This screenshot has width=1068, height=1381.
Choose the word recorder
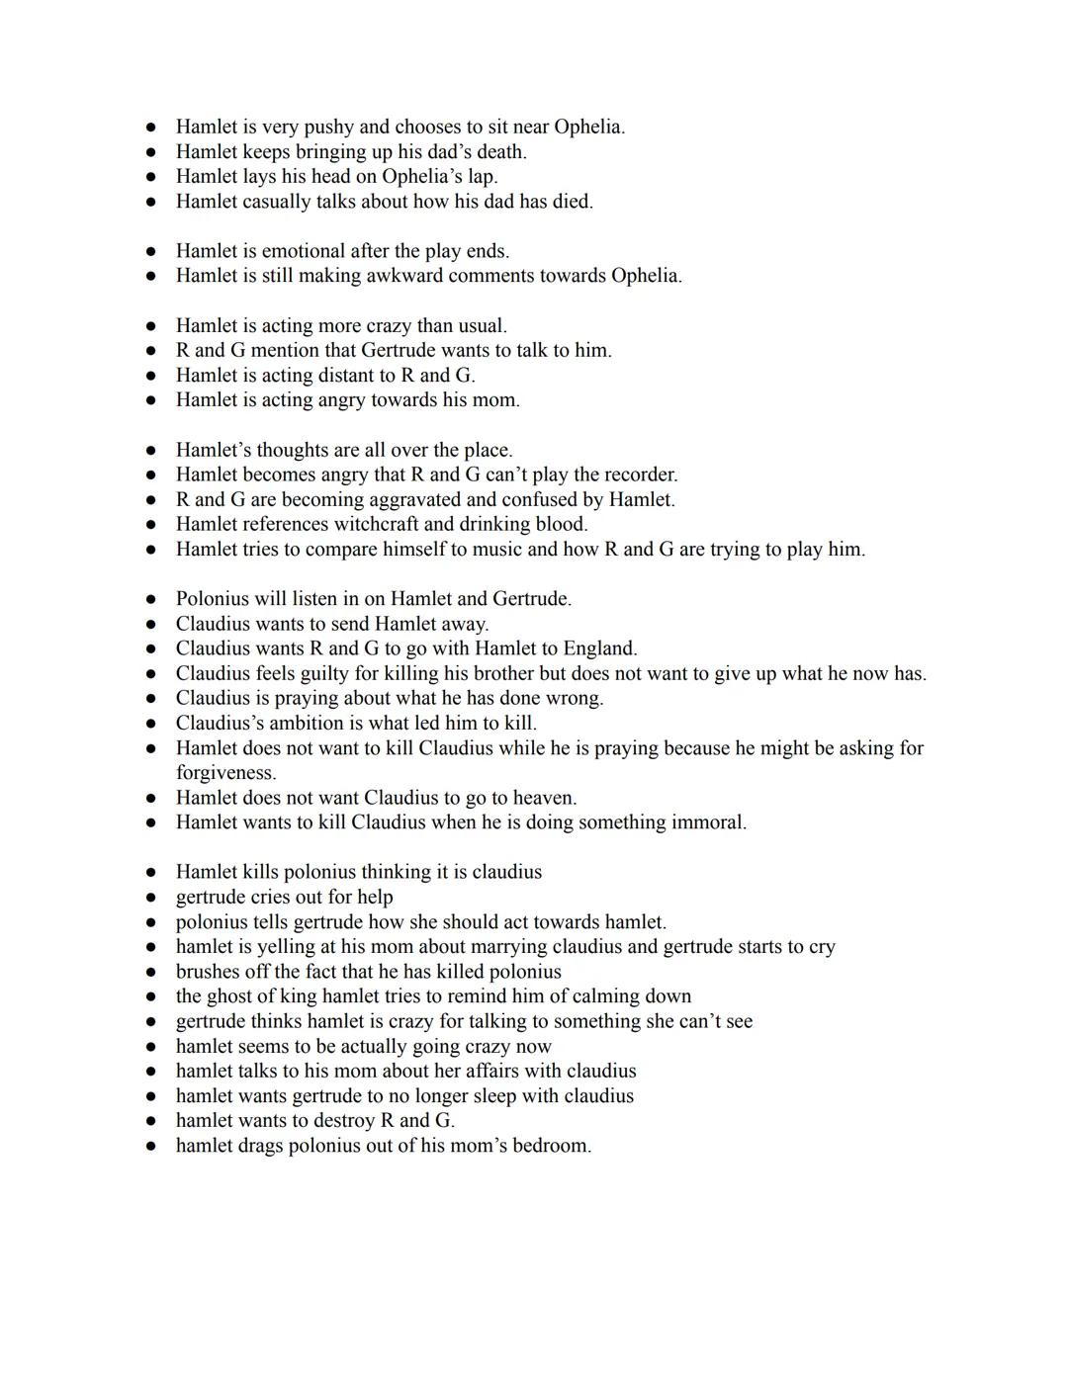637,475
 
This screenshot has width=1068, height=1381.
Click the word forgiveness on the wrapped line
225,773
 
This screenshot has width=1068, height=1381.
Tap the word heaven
541,798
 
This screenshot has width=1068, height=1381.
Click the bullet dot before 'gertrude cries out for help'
151,898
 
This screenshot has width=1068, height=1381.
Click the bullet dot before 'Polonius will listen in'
151,599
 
